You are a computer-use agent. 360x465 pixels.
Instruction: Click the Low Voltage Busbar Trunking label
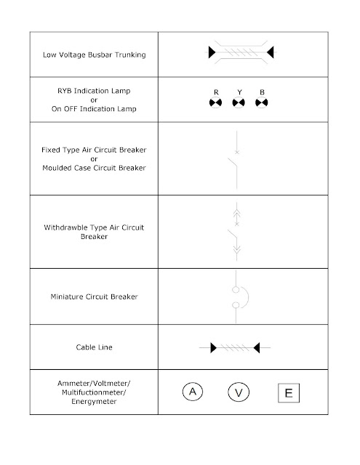[x=96, y=54]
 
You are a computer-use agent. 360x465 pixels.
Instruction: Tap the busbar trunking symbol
[x=239, y=53]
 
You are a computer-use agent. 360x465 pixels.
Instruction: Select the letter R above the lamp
[x=215, y=92]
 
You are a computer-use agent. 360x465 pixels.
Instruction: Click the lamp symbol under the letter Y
[x=239, y=104]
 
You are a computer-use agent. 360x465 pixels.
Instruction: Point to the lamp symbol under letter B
[x=262, y=104]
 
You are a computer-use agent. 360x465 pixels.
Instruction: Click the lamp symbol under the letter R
[x=215, y=104]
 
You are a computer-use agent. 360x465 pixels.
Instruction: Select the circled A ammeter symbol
[x=192, y=392]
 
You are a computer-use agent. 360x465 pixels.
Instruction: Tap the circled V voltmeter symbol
[x=238, y=393]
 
